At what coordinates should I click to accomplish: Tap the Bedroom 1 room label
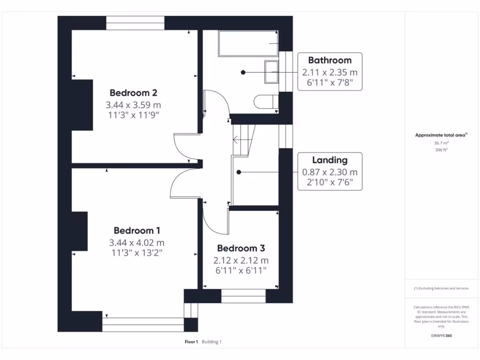coord(137,231)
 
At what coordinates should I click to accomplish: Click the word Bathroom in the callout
coord(330,60)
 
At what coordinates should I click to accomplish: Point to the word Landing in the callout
coord(330,160)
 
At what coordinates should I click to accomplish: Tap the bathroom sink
coord(271,72)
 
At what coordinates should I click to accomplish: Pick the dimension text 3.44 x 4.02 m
coord(137,243)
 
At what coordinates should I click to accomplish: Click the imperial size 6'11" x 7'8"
coord(330,84)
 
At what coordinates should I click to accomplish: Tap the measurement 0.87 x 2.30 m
coord(330,172)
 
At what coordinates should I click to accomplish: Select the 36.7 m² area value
coord(441,143)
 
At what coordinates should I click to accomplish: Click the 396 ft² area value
coord(441,150)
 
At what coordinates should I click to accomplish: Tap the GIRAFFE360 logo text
coord(441,336)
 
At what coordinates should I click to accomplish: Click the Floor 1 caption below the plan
coord(191,342)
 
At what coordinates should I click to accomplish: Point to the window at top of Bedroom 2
coord(135,22)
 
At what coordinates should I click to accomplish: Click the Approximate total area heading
coord(441,135)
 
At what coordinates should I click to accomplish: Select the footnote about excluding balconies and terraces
coord(441,288)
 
